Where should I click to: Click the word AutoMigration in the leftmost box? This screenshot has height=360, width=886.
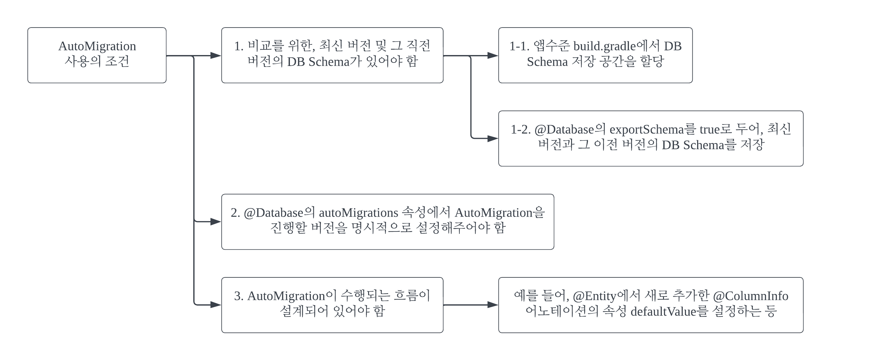point(97,46)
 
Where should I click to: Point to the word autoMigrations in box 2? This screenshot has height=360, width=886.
point(358,213)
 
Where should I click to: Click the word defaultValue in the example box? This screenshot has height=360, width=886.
point(663,312)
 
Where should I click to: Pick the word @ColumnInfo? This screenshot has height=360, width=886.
point(751,296)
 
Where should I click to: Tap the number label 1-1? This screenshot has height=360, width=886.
point(519,46)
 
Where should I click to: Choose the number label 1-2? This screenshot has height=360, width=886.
point(521,129)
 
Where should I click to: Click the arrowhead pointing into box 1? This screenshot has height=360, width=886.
point(216,56)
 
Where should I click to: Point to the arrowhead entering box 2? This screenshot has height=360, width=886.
point(216,222)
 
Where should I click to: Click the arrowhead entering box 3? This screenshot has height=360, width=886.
point(216,305)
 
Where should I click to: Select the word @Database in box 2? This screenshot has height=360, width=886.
point(273,213)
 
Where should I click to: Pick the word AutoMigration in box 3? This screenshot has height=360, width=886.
point(286,296)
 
